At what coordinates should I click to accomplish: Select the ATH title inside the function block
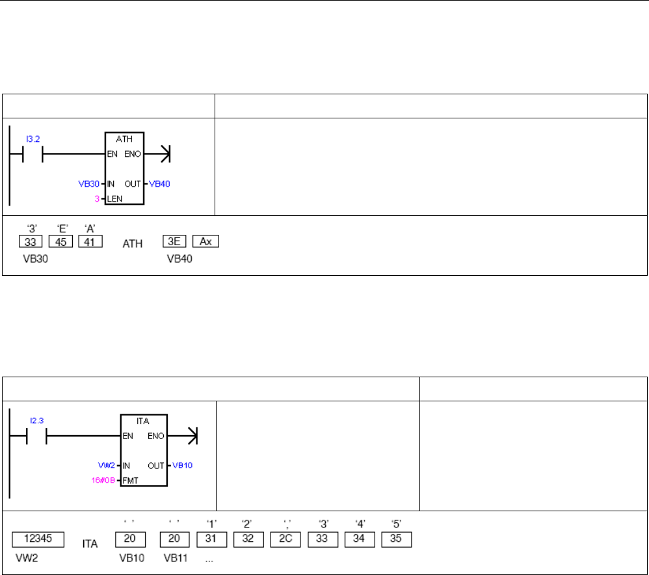point(125,139)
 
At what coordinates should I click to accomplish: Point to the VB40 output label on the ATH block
point(159,183)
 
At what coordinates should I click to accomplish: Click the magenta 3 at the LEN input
point(97,197)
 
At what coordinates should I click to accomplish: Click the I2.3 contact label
point(37,421)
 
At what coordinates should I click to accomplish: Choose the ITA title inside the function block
point(144,421)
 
